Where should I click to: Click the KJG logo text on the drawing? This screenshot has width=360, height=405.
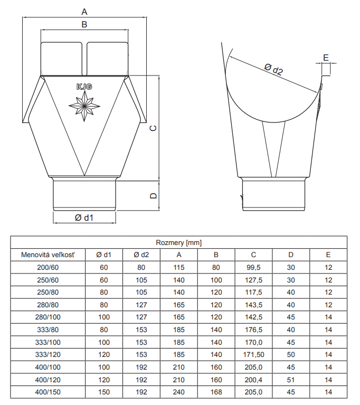[x=84, y=87]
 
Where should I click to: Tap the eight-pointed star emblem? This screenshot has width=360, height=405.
[x=84, y=106]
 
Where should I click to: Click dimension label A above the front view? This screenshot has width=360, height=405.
[x=84, y=12]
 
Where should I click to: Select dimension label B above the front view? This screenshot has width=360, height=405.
[x=84, y=24]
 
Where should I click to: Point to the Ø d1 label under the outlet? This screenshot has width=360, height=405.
[x=84, y=218]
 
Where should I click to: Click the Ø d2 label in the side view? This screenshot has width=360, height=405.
[x=273, y=70]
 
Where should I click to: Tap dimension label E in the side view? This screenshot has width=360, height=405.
[x=326, y=58]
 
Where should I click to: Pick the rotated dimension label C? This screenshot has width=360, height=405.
[x=154, y=128]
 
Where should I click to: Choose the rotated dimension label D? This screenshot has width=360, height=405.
[x=154, y=195]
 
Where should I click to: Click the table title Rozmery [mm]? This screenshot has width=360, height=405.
[x=179, y=242]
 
